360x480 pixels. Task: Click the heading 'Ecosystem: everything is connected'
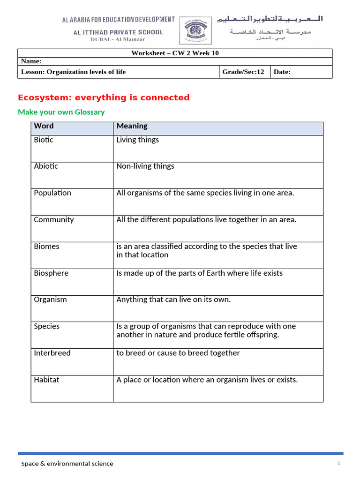pyautogui.click(x=104, y=97)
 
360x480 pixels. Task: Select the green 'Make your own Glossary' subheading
pyautogui.click(x=61, y=112)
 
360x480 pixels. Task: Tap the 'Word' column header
pyautogui.click(x=44, y=126)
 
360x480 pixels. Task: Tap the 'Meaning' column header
pyautogui.click(x=132, y=126)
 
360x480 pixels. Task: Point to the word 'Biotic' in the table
pyautogui.click(x=44, y=140)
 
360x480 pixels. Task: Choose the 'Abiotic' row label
pyautogui.click(x=46, y=166)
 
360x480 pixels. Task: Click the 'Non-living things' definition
pyautogui.click(x=145, y=166)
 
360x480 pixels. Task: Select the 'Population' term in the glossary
pyautogui.click(x=52, y=193)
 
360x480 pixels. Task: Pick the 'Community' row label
pyautogui.click(x=53, y=219)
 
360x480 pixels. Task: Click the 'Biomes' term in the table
pyautogui.click(x=46, y=246)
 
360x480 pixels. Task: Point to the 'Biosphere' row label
pyautogui.click(x=51, y=273)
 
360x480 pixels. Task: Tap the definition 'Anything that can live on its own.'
pyautogui.click(x=173, y=300)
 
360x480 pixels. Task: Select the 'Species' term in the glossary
pyautogui.click(x=46, y=326)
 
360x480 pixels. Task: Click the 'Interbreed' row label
pyautogui.click(x=52, y=353)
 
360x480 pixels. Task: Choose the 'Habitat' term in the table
pyautogui.click(x=46, y=380)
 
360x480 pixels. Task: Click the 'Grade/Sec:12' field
pyautogui.click(x=243, y=72)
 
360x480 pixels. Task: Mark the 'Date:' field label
pyautogui.click(x=282, y=72)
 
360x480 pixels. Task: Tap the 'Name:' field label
pyautogui.click(x=31, y=61)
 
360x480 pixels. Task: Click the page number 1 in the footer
pyautogui.click(x=338, y=463)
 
